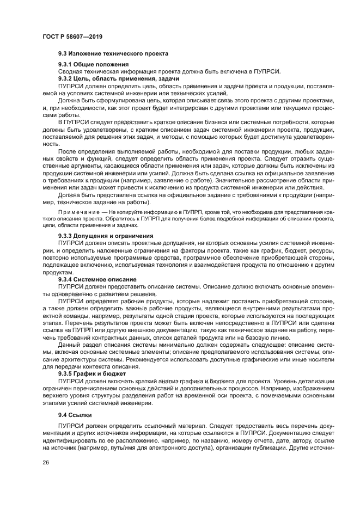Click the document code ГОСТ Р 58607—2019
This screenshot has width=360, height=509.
pos(72,36)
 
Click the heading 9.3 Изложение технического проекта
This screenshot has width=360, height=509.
pos(113,53)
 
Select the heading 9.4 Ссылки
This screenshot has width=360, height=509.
pos(78,414)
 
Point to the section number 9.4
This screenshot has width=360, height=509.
pos(62,414)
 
